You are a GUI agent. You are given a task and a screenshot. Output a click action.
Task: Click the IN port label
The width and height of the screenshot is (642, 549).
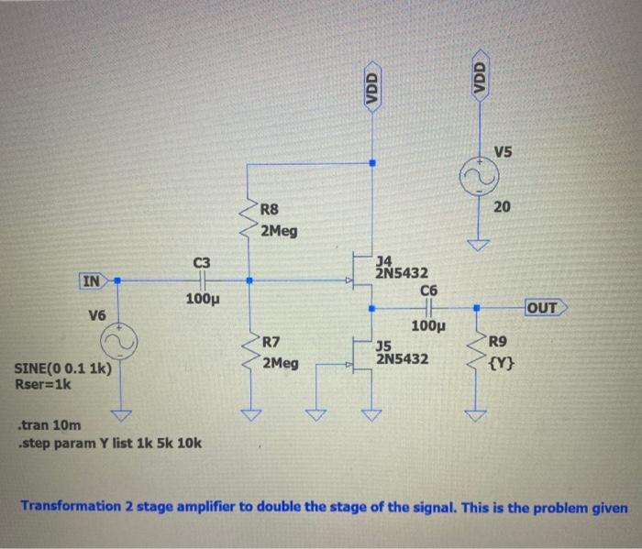[92, 280]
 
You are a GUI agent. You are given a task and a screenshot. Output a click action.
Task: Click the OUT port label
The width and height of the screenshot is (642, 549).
[543, 308]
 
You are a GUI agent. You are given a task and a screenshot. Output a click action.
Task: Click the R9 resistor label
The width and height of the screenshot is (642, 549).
[497, 344]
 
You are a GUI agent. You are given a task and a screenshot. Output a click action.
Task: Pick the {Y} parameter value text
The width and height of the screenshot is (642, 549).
[503, 363]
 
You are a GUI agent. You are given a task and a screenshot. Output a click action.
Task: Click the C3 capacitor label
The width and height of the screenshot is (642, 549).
[202, 263]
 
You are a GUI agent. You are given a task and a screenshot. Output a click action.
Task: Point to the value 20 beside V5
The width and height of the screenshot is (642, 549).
[501, 208]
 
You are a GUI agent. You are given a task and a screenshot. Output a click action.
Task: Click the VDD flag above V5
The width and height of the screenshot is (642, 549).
[479, 71]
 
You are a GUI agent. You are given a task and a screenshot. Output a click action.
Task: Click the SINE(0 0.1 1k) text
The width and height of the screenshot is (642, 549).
[64, 369]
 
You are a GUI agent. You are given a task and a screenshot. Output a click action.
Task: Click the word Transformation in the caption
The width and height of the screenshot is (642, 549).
[71, 506]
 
